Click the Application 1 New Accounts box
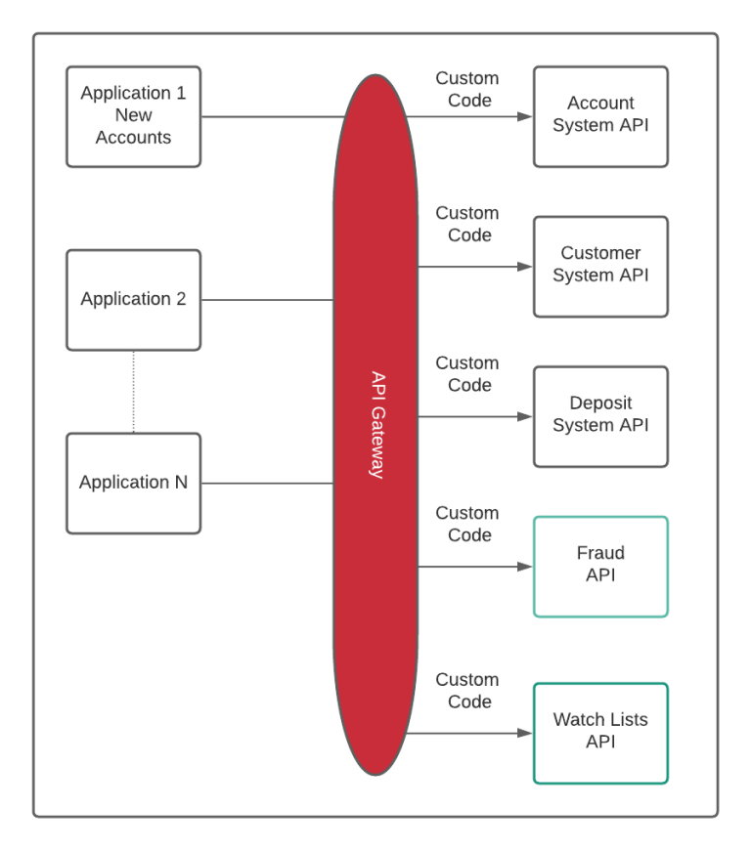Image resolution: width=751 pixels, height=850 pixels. point(133,116)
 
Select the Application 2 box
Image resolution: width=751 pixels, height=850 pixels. point(133,299)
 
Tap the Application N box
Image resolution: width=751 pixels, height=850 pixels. point(133,482)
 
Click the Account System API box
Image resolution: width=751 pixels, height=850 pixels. point(600,115)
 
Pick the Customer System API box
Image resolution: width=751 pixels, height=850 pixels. point(600,266)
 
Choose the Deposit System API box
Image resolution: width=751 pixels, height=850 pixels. point(600,415)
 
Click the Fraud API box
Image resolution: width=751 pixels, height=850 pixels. point(600,566)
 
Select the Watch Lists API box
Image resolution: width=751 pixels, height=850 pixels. point(600,732)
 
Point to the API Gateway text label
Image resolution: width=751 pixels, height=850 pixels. point(376,424)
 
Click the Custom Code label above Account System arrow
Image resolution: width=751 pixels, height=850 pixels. point(467,89)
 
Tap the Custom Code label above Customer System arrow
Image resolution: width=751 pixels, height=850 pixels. point(467,224)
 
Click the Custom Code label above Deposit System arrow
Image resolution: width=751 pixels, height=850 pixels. point(467,373)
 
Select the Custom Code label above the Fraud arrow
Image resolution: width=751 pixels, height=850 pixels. point(467,524)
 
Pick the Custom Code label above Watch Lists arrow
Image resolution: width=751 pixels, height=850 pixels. point(467,690)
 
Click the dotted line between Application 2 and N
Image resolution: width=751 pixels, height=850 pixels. point(134,391)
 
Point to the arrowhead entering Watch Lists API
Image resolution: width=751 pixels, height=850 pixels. point(526,733)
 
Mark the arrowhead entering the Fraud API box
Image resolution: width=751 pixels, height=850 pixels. point(526,567)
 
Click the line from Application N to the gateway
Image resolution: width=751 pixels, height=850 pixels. point(266,483)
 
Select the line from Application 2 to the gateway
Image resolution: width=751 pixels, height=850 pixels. point(266,300)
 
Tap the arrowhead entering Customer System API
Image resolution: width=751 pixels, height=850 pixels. point(526,267)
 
